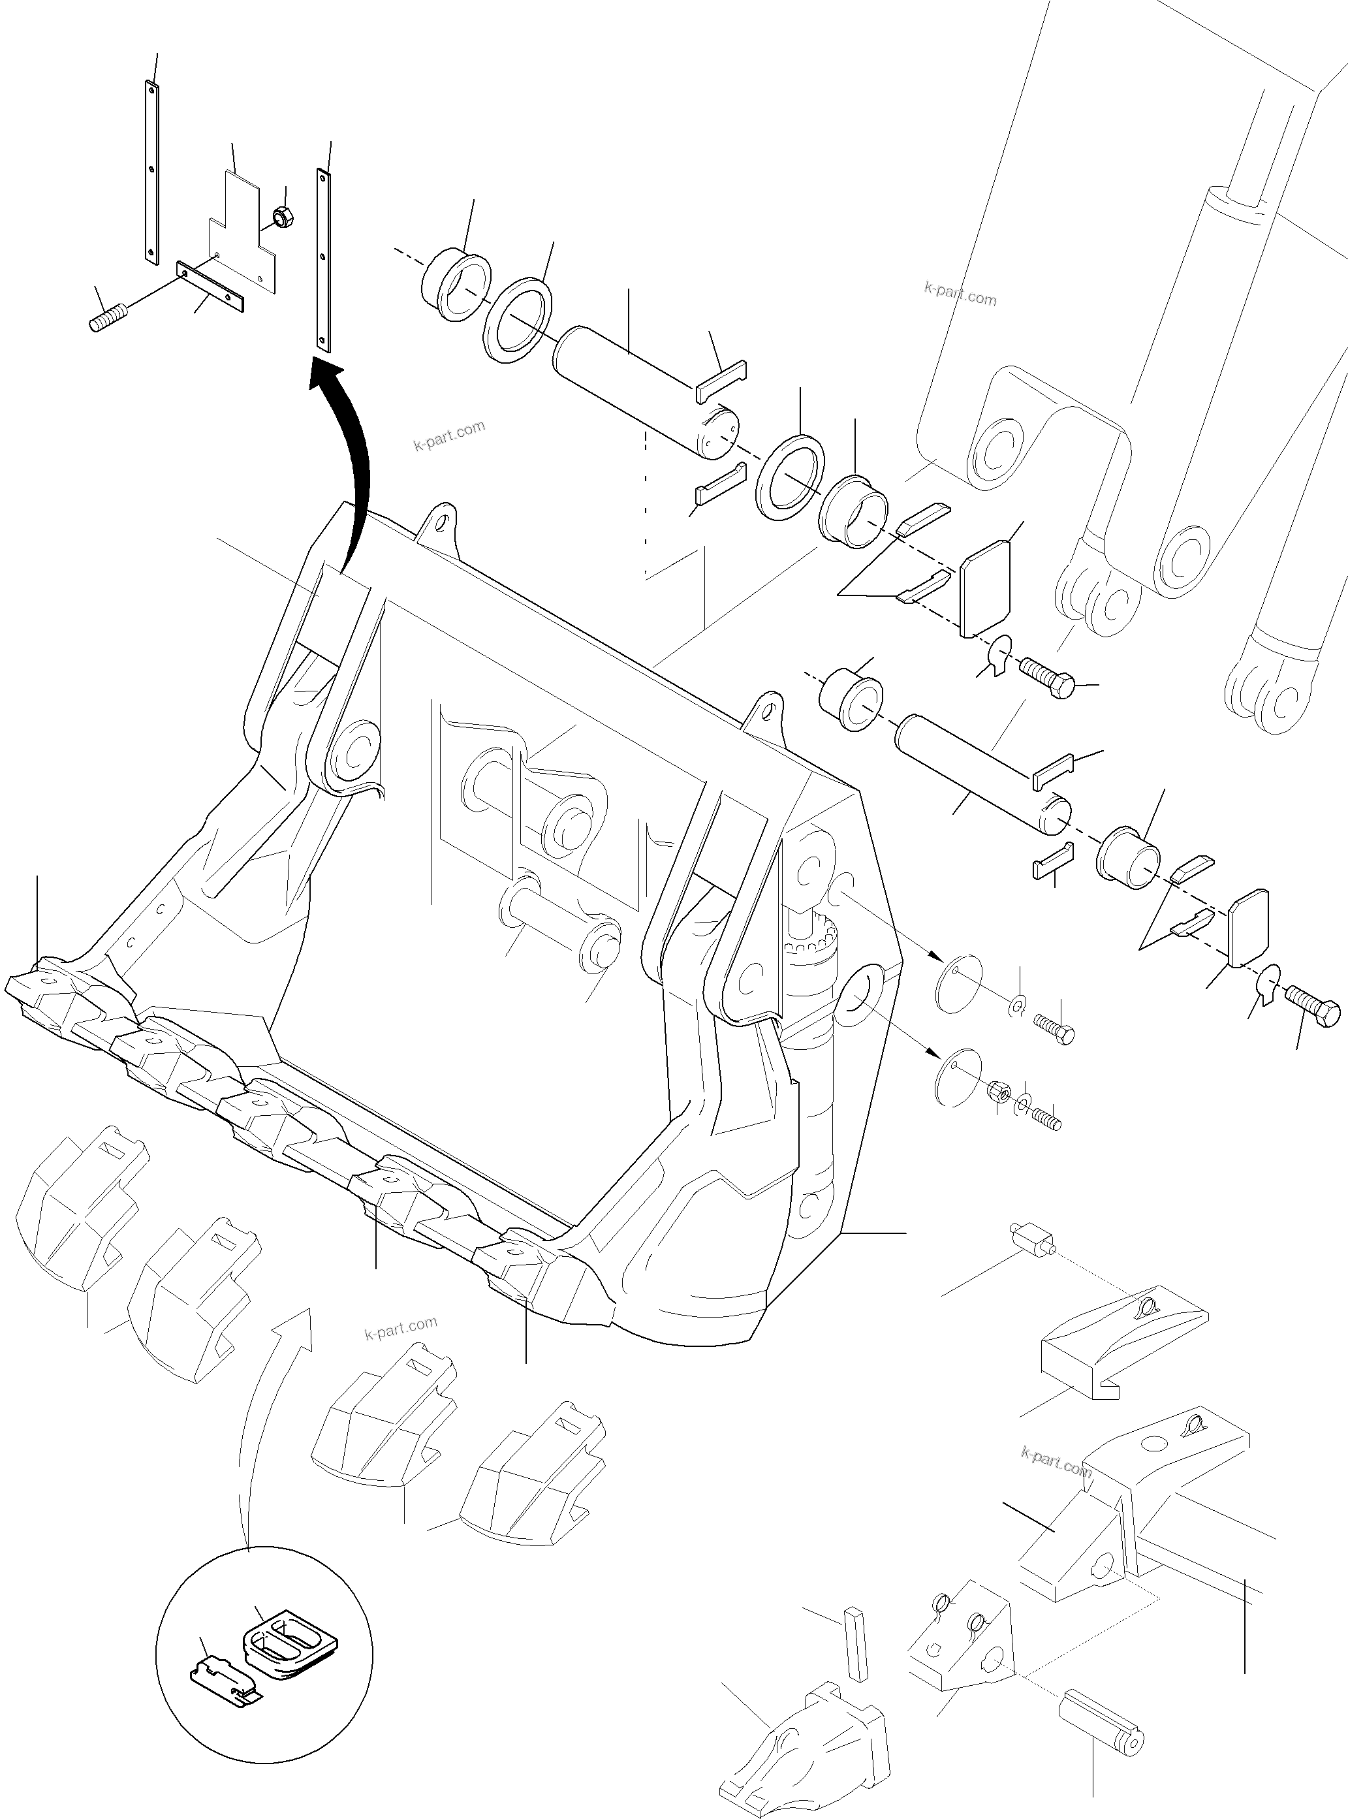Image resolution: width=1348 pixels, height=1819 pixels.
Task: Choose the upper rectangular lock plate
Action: tap(986, 584)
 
